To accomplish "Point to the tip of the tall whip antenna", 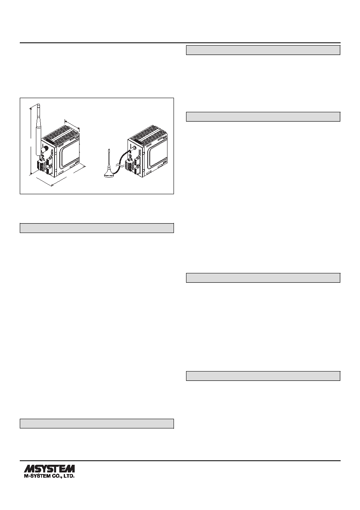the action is point(38,104).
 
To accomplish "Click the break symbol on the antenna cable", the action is point(118,165).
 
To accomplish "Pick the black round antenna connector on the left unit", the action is point(44,149).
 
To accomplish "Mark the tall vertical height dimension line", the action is point(31,142).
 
